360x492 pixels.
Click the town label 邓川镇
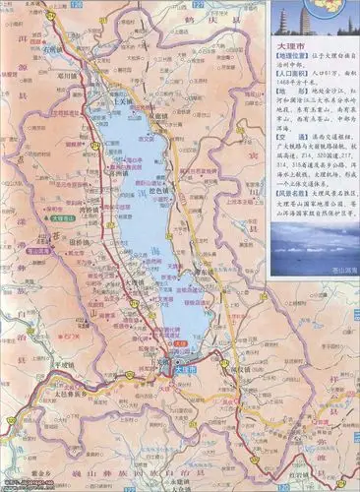tap(65, 73)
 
